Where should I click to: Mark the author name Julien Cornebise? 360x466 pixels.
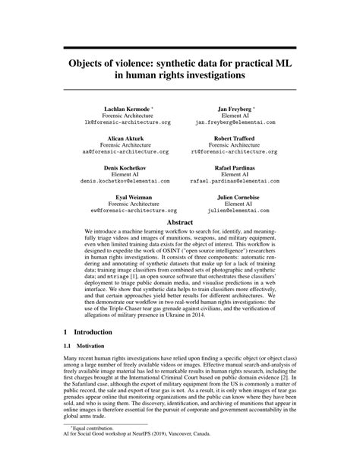[x=238, y=195]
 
